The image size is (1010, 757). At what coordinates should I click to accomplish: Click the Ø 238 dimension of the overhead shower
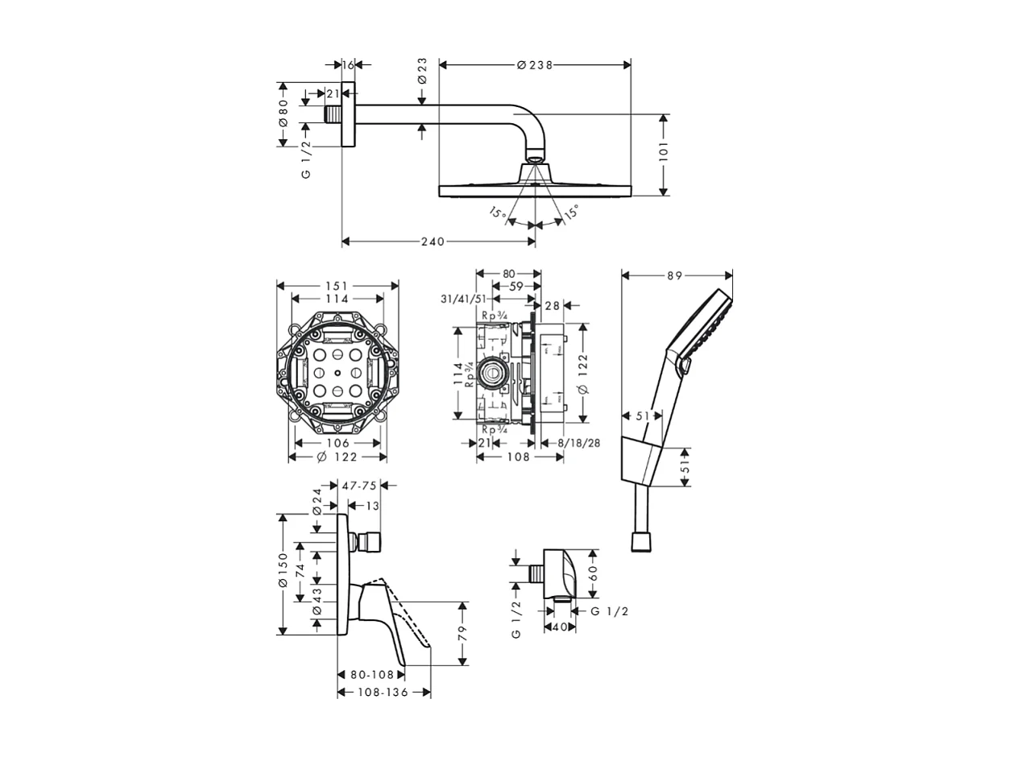pyautogui.click(x=535, y=65)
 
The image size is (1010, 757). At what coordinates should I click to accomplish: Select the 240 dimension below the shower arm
pyautogui.click(x=433, y=242)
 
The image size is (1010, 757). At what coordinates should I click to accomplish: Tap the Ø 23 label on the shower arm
pyautogui.click(x=422, y=71)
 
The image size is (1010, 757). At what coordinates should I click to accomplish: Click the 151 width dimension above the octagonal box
pyautogui.click(x=337, y=286)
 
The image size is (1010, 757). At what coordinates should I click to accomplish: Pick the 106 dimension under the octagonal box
pyautogui.click(x=338, y=443)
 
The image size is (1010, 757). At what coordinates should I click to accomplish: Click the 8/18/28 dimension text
pyautogui.click(x=582, y=443)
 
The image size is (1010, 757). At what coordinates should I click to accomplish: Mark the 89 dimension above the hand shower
pyautogui.click(x=675, y=275)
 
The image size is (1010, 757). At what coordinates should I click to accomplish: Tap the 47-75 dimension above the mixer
pyautogui.click(x=359, y=486)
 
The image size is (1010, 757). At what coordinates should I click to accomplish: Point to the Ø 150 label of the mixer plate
pyautogui.click(x=283, y=570)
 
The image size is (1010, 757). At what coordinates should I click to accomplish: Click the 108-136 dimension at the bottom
pyautogui.click(x=383, y=693)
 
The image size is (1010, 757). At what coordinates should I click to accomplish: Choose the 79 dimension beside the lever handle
pyautogui.click(x=462, y=634)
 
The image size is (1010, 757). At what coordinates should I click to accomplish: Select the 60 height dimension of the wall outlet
pyautogui.click(x=594, y=573)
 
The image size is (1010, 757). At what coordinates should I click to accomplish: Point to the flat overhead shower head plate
pyautogui.click(x=535, y=190)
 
